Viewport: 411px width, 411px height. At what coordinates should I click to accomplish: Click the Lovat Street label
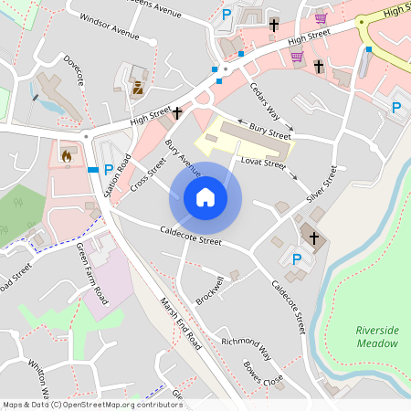(x=263, y=163)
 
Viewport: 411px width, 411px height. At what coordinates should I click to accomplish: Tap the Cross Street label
(x=148, y=173)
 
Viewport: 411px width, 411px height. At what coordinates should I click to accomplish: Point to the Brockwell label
(x=209, y=291)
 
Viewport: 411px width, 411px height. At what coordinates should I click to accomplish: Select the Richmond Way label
(x=248, y=348)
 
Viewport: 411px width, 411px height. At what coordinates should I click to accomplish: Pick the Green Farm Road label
(x=92, y=273)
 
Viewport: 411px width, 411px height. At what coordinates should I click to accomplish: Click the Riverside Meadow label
(x=377, y=337)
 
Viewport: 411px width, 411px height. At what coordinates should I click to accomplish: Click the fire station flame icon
(x=67, y=156)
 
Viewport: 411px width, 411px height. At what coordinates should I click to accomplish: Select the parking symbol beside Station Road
(x=109, y=169)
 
